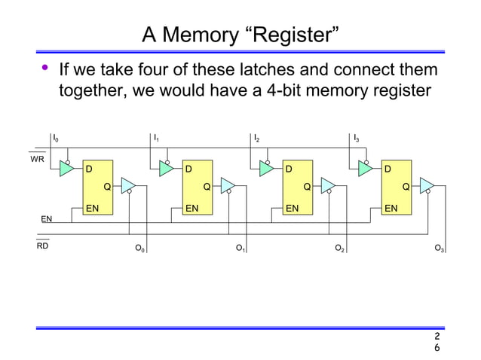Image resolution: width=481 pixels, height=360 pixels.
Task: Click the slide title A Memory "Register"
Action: [x=240, y=35]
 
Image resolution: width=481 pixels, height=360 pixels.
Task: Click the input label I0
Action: [x=55, y=139]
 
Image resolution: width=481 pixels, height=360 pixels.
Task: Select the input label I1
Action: [x=156, y=139]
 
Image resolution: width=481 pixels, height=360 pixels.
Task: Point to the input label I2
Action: [x=256, y=139]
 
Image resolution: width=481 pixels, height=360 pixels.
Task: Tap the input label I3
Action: [x=357, y=139]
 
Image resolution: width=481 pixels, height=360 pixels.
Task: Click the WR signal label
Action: [x=38, y=160]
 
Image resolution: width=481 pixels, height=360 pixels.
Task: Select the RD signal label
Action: [x=42, y=246]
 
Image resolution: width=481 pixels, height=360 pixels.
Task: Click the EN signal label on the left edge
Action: [x=46, y=219]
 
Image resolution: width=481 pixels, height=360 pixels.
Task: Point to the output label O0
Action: [x=139, y=248]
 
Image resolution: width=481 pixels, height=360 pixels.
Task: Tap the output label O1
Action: [x=240, y=248]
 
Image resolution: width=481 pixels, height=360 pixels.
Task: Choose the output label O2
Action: [x=340, y=248]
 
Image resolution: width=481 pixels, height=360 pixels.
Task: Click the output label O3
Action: [x=440, y=248]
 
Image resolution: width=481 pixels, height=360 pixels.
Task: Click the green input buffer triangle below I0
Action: [x=67, y=169]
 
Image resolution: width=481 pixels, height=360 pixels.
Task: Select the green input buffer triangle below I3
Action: [x=366, y=169]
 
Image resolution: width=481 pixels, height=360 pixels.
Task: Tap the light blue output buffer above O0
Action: [x=127, y=185]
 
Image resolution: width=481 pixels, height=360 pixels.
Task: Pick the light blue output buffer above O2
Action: [x=327, y=185]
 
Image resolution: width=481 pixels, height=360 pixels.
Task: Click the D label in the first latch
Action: [x=89, y=169]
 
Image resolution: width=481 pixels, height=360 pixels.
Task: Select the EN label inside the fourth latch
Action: [x=391, y=206]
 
